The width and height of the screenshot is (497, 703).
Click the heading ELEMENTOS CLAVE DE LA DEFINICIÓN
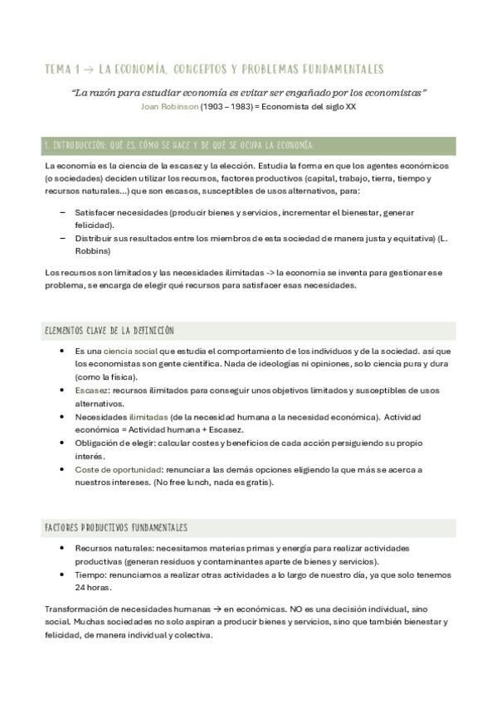[109, 331]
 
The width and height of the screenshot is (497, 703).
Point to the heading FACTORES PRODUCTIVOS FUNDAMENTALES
[115, 527]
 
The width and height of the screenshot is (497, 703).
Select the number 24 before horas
[80, 587]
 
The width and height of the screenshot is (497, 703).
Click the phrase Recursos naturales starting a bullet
[110, 548]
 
